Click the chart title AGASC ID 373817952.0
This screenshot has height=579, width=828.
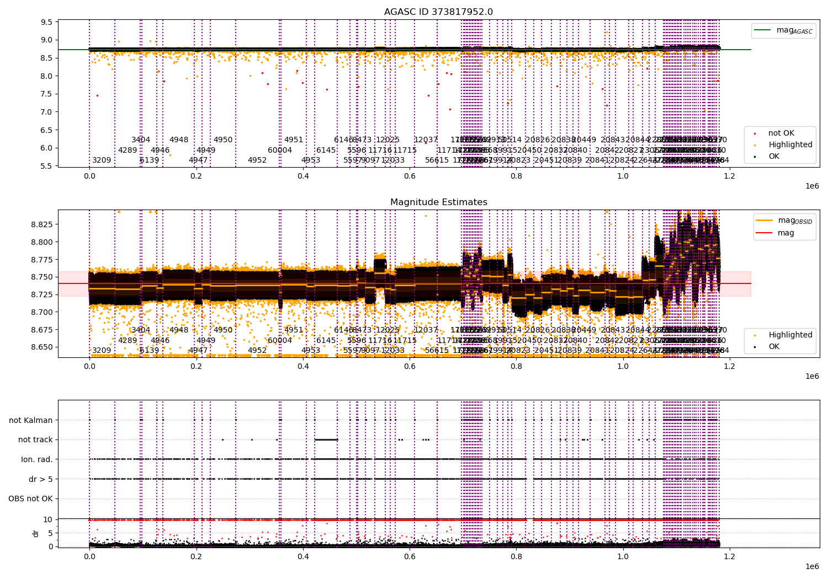(438, 12)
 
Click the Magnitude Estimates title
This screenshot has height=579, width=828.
(438, 202)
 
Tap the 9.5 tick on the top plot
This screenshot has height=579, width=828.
(47, 22)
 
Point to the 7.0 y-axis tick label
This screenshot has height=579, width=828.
(47, 112)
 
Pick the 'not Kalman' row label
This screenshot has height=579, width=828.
(31, 420)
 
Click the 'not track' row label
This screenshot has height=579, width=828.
(35, 440)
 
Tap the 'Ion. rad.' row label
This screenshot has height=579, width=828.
(37, 459)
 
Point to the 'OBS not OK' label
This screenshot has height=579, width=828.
(30, 499)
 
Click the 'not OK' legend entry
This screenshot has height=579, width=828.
(781, 133)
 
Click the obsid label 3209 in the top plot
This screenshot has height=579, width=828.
(102, 160)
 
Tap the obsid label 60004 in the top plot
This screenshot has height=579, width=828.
(280, 151)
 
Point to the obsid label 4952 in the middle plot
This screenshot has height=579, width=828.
(257, 351)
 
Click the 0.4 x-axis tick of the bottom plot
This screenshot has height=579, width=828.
(302, 556)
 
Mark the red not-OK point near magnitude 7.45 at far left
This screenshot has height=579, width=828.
(97, 95)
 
